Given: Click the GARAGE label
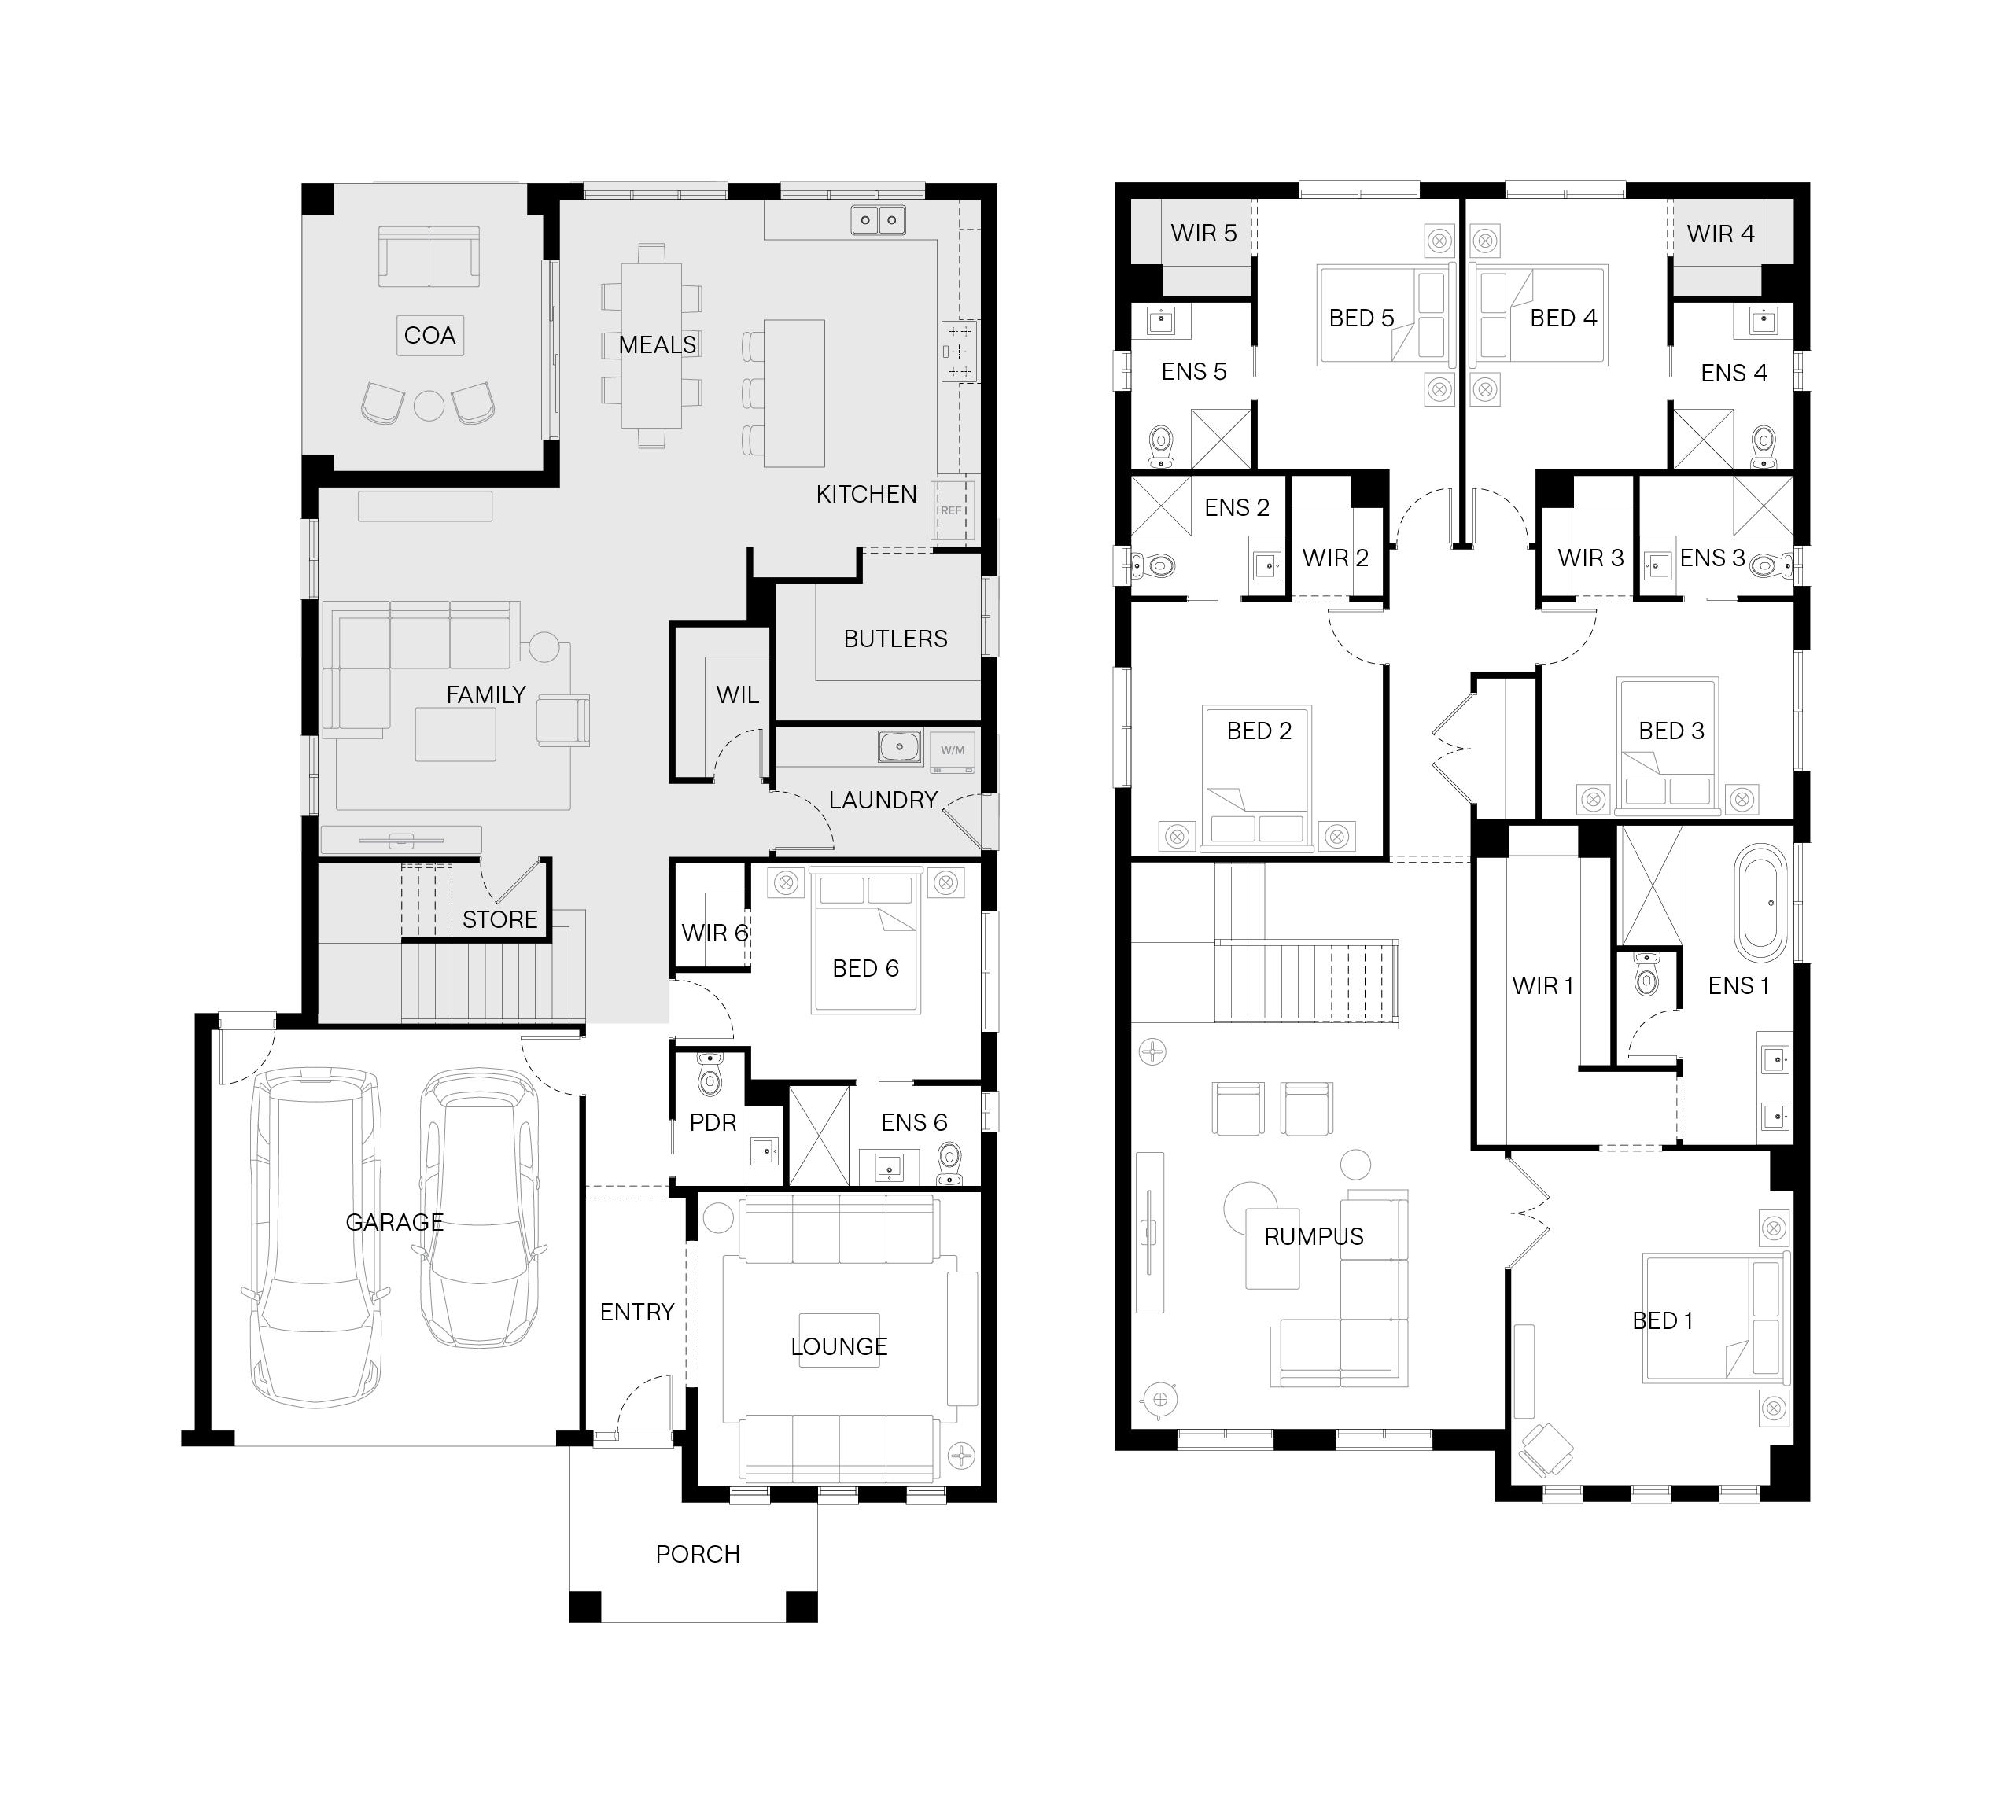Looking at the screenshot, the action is [x=395, y=1222].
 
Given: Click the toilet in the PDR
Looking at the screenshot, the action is [x=710, y=1075].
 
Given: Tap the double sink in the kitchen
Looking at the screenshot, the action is [x=879, y=219].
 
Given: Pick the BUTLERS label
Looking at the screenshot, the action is [x=895, y=639].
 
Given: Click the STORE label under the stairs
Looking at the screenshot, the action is [x=499, y=920].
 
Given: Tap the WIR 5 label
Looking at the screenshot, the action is [x=1203, y=234].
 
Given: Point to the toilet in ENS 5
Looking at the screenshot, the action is [x=1160, y=448].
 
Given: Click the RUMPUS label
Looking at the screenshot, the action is [x=1314, y=1236].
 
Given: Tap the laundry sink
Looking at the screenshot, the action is [x=900, y=747].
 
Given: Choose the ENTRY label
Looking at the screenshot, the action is [x=637, y=1313].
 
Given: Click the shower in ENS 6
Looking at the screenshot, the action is [x=819, y=1136].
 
